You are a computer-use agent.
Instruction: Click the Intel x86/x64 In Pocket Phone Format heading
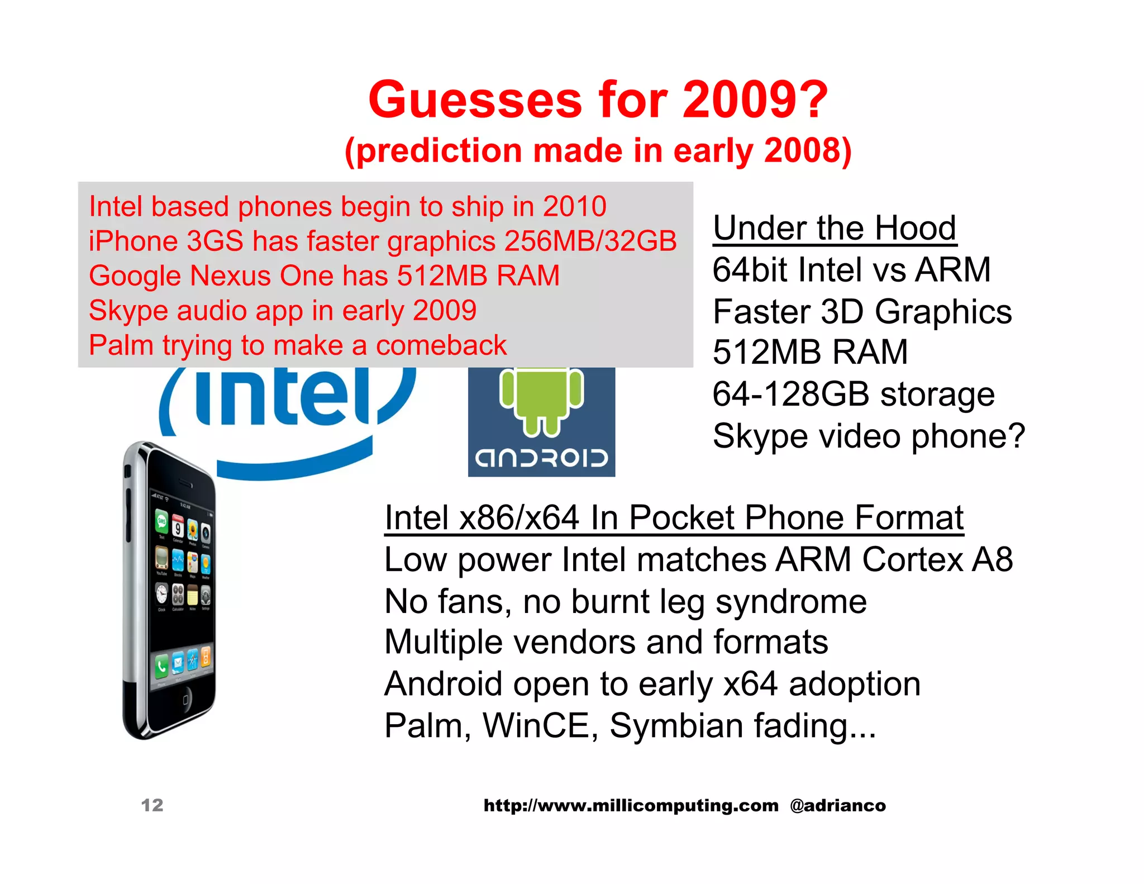[x=674, y=517]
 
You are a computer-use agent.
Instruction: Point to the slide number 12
[x=152, y=805]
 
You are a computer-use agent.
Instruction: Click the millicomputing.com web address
[x=631, y=805]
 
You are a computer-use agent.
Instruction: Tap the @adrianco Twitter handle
[x=837, y=805]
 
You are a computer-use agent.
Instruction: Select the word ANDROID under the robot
[x=541, y=458]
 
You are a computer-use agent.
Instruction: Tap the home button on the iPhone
[x=186, y=700]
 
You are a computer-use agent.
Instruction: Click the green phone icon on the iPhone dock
[x=162, y=666]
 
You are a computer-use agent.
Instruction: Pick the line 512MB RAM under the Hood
[x=810, y=353]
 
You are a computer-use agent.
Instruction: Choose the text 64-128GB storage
[x=853, y=395]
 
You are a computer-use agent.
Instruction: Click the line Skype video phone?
[x=869, y=436]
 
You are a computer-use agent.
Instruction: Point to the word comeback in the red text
[x=441, y=345]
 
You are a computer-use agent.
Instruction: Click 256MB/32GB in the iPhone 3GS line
[x=590, y=241]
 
